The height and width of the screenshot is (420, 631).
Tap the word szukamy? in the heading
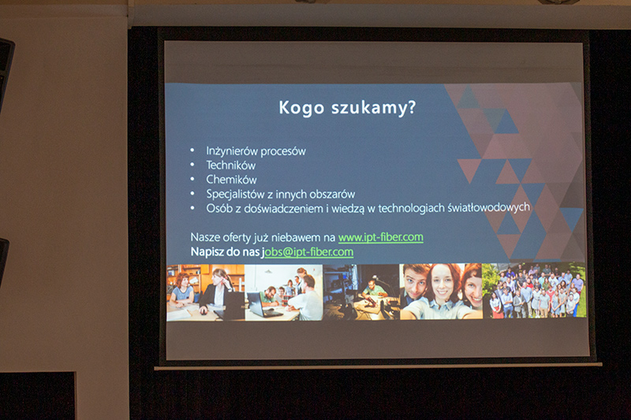[x=373, y=108]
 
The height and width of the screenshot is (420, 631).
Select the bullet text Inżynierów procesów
[x=256, y=151]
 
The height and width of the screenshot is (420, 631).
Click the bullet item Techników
[x=231, y=165]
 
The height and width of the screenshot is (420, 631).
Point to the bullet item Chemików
[x=231, y=179]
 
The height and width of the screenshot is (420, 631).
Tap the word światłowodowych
[x=488, y=207]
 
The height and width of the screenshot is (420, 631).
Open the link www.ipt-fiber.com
[x=381, y=237]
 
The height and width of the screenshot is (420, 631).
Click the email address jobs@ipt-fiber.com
[x=308, y=252]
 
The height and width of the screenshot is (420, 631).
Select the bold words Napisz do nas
[x=225, y=252]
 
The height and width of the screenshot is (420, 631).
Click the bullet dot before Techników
[x=192, y=165]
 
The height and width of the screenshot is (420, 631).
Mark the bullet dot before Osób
[x=192, y=208]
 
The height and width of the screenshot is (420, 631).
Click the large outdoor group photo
[x=534, y=291]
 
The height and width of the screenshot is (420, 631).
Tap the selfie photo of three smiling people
[x=441, y=292]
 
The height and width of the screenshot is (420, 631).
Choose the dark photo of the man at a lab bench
[x=361, y=292]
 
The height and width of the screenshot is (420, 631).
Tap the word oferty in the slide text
[x=237, y=237]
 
